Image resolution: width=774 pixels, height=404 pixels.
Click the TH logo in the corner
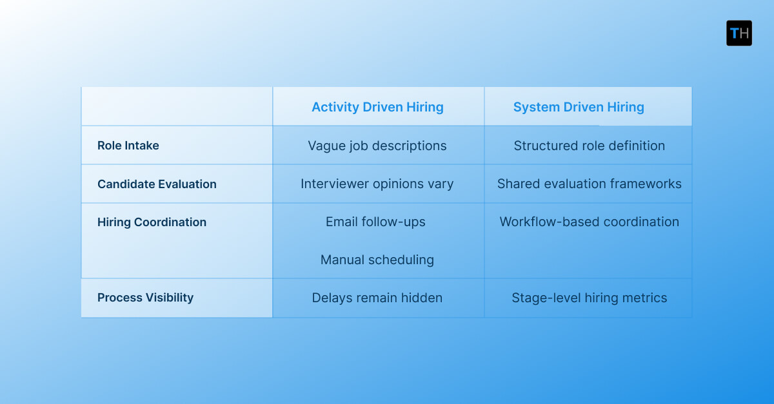[739, 33]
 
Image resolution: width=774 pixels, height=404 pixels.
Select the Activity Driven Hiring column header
[377, 107]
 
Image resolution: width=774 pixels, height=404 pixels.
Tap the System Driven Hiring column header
[579, 107]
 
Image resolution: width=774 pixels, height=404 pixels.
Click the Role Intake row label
[128, 146]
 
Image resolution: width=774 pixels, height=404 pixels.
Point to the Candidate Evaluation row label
[157, 184]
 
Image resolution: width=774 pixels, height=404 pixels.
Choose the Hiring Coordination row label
[152, 222]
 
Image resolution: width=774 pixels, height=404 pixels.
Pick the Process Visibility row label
[145, 298]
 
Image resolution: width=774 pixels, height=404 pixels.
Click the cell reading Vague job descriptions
[377, 146]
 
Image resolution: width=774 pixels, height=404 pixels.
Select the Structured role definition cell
[589, 146]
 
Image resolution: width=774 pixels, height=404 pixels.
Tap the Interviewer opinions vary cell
[377, 184]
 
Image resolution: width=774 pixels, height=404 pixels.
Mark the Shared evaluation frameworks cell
[589, 184]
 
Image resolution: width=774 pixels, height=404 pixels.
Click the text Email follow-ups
[375, 222]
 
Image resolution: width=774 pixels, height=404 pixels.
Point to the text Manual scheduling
[377, 260]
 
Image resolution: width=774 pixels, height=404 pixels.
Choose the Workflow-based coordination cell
[589, 222]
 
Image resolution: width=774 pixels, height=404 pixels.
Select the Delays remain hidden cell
[377, 298]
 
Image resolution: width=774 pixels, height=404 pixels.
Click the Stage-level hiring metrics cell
[589, 298]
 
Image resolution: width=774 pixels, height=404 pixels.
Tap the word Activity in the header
[333, 107]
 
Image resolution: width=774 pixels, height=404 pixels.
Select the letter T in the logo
[734, 34]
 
